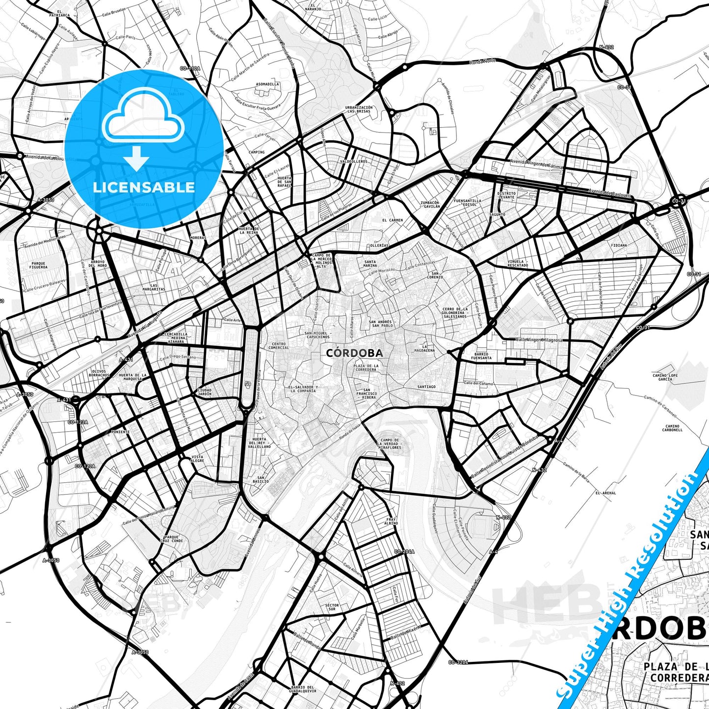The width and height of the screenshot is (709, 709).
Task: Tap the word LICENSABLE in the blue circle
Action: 144,187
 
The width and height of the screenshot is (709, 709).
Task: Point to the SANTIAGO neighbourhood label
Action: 426,387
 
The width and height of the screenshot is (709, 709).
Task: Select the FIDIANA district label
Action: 619,245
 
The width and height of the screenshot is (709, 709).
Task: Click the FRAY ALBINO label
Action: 391,521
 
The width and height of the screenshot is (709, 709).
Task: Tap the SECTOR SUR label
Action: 332,607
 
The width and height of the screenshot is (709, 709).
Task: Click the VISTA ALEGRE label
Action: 197,459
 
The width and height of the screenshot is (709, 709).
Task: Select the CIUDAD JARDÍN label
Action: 204,392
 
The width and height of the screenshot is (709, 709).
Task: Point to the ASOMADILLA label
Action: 267,84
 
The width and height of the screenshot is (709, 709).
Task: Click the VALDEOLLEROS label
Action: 353,161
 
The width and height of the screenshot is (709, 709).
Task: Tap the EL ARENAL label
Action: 605,493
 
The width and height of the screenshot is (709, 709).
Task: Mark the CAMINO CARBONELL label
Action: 672,428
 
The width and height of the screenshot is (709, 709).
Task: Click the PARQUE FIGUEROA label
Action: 38,265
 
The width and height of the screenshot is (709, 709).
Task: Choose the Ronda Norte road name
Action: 483,61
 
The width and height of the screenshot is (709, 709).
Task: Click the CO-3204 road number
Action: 458,662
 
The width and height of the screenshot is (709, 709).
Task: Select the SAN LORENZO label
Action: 435,275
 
